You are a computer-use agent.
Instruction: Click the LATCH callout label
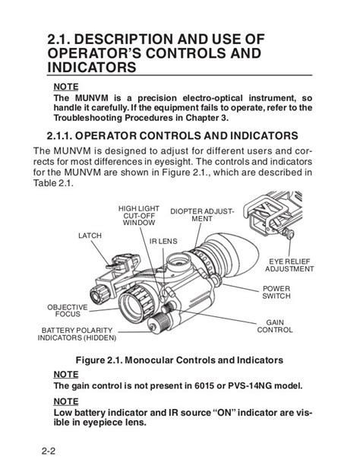tap(90, 236)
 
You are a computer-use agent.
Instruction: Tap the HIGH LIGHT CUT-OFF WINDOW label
tap(139, 215)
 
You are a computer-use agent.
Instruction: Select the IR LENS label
tap(163, 241)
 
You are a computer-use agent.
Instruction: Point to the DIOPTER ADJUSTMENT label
tap(202, 215)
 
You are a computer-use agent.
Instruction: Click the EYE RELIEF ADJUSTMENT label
tap(289, 265)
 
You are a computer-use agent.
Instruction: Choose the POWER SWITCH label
tap(276, 292)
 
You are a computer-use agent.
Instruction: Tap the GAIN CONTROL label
tap(275, 326)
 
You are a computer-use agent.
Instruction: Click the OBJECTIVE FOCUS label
tap(68, 311)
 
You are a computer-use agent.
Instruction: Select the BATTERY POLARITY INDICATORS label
tap(77, 334)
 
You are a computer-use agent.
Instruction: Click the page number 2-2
tap(49, 451)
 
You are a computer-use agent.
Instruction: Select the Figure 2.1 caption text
tap(179, 360)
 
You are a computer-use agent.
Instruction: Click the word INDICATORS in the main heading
tap(92, 67)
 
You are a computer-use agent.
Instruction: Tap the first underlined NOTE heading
tap(66, 87)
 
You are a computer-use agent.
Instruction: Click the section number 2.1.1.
tap(59, 136)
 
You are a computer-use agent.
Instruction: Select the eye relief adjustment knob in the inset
tap(289, 233)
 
